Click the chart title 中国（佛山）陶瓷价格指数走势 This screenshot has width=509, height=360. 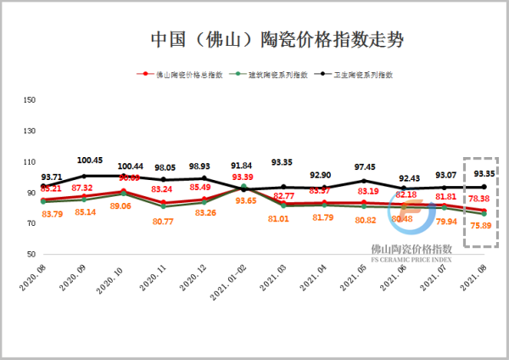(x=254, y=40)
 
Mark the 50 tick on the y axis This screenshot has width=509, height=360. (x=31, y=254)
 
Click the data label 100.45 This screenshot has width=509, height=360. (x=90, y=160)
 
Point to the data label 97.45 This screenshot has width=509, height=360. (x=363, y=167)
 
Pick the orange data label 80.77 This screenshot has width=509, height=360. (x=163, y=222)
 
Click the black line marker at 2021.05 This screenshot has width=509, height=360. (x=363, y=181)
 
